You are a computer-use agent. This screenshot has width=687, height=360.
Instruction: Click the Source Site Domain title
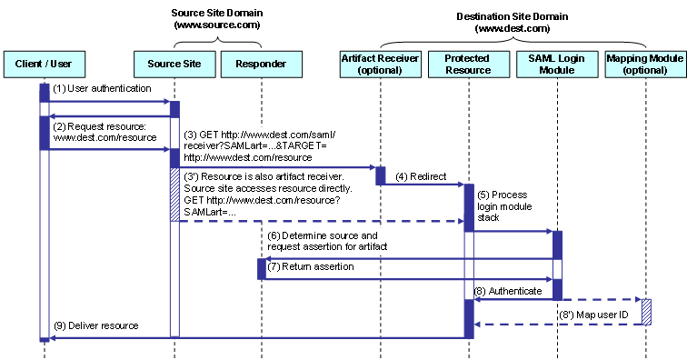pos(216,19)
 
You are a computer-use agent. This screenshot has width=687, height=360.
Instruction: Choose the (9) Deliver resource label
pos(95,325)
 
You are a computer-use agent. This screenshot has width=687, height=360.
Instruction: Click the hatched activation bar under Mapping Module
pos(646,311)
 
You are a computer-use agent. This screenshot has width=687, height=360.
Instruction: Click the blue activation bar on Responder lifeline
pos(261,268)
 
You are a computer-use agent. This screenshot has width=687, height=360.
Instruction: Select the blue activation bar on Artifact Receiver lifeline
pos(381,175)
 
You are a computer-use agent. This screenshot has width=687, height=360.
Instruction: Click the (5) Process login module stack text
pos(505,206)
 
